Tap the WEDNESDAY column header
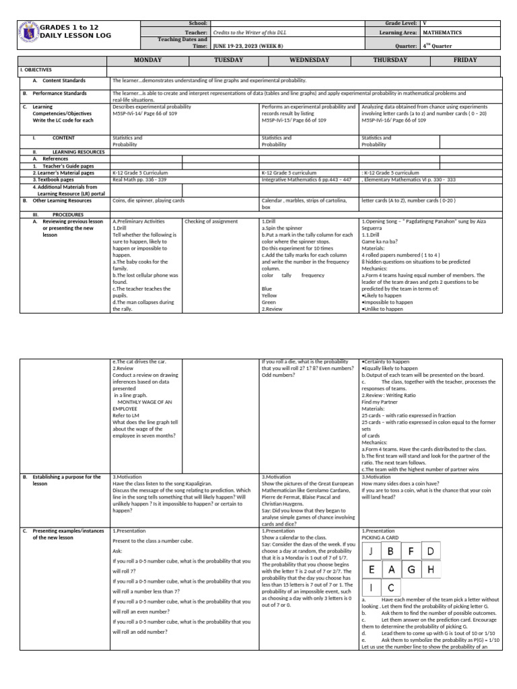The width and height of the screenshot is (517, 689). pos(309,60)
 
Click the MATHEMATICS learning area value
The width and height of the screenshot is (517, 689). pos(442,32)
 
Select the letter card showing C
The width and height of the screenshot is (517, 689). pos(390,587)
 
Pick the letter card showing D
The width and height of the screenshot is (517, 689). pos(430,552)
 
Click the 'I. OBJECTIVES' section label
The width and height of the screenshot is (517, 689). pos(36,70)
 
